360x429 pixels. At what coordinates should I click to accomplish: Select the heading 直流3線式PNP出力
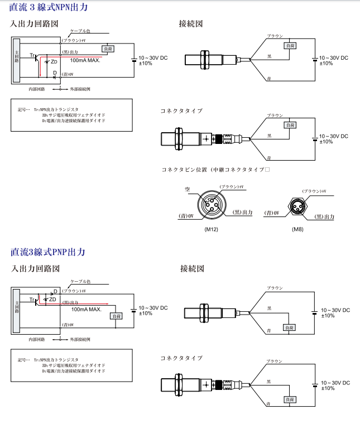pos(48,252)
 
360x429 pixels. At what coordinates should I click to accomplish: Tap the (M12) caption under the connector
pos(212,229)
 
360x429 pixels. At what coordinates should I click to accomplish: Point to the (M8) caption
pos(297,229)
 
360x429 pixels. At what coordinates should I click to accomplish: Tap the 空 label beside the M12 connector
pos(188,190)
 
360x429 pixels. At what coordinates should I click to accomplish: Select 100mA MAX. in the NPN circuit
pos(85,60)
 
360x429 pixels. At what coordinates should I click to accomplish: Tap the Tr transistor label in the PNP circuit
pos(33,300)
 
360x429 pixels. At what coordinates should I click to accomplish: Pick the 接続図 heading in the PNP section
pos(191,269)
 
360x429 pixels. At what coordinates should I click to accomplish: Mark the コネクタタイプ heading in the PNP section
pos(181,358)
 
